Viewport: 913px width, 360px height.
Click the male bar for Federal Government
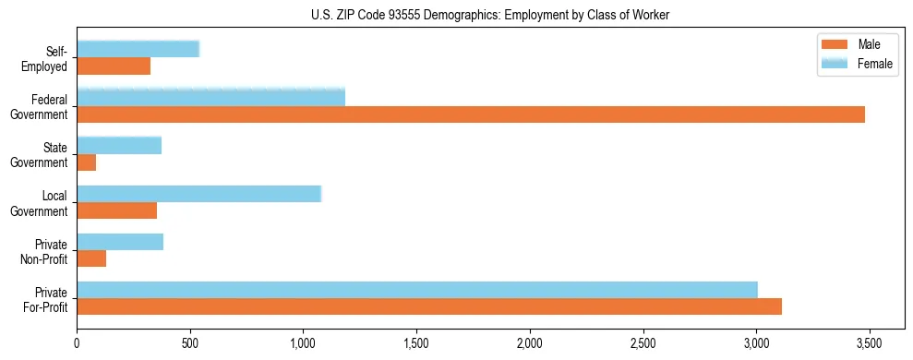(x=471, y=114)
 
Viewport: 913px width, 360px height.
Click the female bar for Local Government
(x=198, y=194)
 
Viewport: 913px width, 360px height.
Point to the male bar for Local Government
(x=116, y=210)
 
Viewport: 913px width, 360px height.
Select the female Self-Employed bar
(x=138, y=50)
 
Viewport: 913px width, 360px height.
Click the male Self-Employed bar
(x=114, y=66)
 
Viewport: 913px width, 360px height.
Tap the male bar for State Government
(x=87, y=162)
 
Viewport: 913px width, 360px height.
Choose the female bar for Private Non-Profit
(x=120, y=242)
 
